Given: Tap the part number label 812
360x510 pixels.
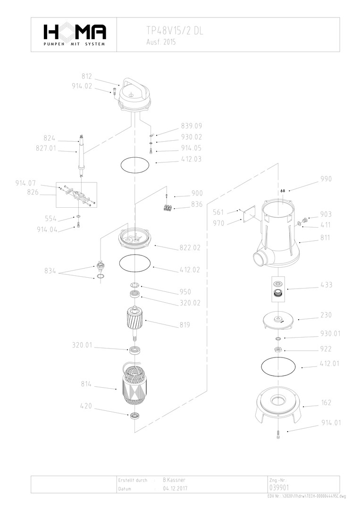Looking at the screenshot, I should pos(87,76).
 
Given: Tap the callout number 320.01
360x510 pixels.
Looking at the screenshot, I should pos(82,345).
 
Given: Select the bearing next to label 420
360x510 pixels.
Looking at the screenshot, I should pos(135,416).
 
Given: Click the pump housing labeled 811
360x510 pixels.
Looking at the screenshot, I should pos(278,236).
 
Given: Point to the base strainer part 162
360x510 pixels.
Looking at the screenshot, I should pos(278,405).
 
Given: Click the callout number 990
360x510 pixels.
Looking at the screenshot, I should pos(326,179).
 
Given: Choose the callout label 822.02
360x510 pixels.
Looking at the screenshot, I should pos(190,247).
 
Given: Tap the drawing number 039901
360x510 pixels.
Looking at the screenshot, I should pos(279,487).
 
